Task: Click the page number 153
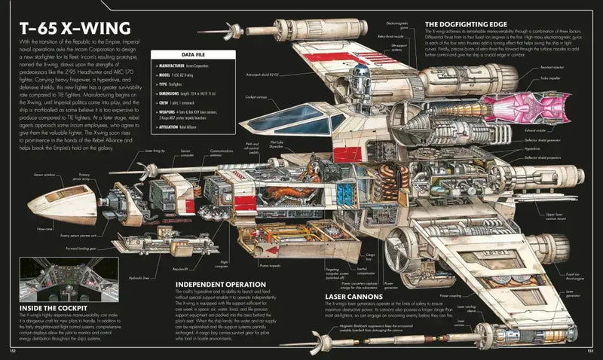590,351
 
